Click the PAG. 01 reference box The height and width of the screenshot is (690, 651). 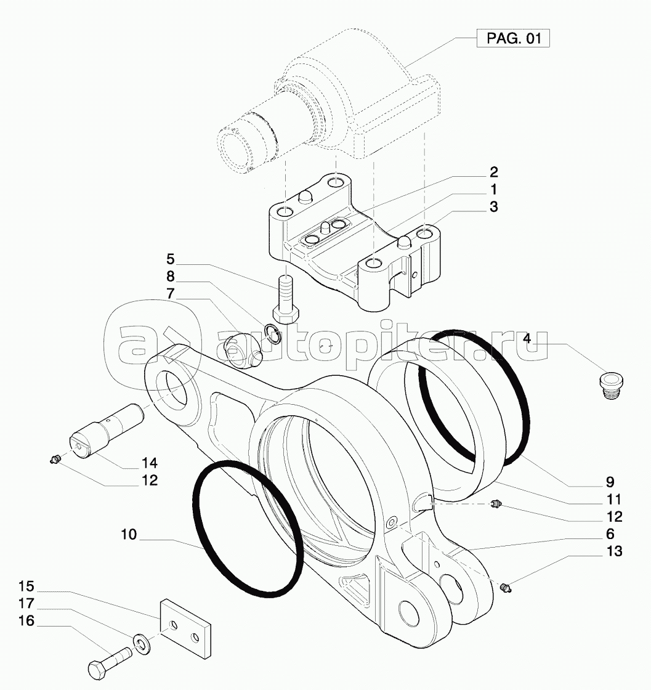513,38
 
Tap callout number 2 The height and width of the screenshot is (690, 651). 493,172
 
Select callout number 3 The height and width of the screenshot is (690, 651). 493,206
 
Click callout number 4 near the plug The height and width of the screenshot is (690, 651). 527,338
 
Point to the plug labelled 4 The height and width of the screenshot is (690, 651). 612,386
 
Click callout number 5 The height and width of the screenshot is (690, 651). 170,259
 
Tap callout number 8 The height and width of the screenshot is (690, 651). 170,277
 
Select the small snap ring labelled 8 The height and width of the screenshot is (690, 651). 273,333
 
